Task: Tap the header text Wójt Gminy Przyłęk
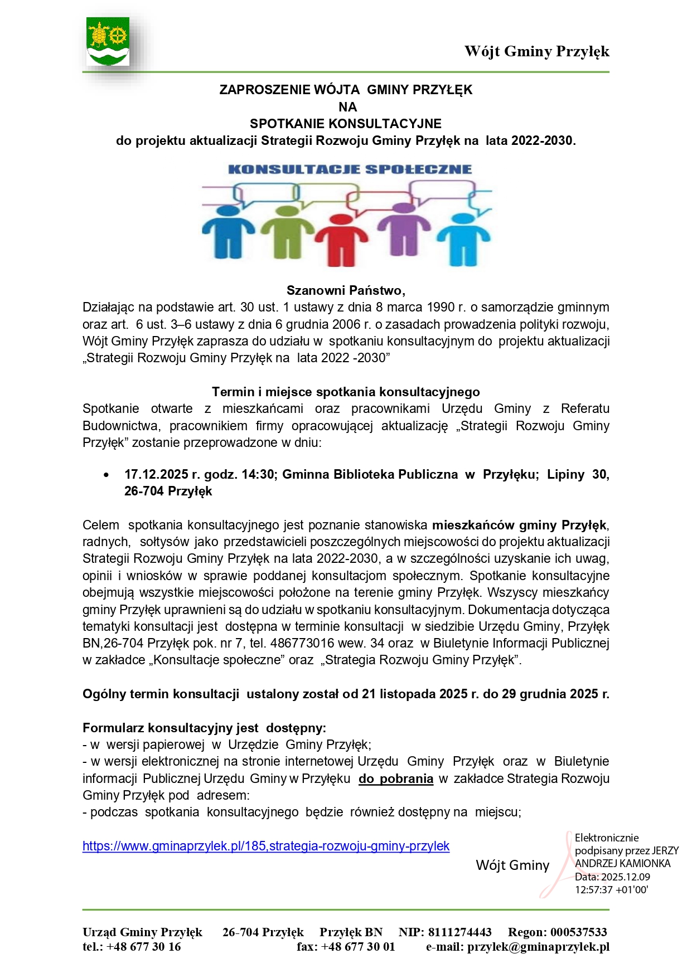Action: coord(536,51)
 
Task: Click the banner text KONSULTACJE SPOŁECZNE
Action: coord(350,169)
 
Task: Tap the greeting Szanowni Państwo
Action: coord(346,290)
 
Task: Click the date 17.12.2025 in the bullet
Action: coord(156,474)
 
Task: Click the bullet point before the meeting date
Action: coord(106,475)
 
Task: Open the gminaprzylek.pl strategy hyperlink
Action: coord(266,846)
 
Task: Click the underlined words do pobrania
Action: coord(396,778)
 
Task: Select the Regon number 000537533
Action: coord(579,932)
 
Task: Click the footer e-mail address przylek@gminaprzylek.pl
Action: coord(538,946)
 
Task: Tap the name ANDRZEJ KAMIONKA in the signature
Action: coord(623,863)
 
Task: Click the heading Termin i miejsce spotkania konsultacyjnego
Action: coord(346,392)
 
